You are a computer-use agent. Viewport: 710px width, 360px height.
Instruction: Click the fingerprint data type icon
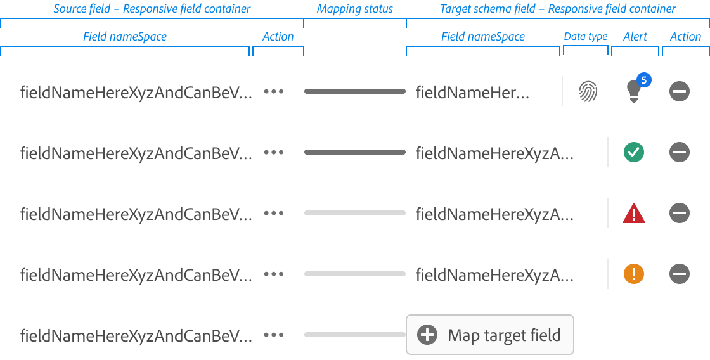588,92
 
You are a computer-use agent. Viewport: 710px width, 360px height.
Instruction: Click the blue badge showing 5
643,80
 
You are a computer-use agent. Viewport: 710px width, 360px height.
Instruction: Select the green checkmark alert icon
633,152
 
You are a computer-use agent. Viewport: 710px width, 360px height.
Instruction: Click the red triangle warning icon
633,214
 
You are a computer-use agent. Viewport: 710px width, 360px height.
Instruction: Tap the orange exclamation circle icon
633,274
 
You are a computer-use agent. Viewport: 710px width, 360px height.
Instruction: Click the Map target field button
489,335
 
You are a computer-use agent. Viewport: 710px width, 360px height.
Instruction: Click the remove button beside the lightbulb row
679,92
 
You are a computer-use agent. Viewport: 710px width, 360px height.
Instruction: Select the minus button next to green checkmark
679,152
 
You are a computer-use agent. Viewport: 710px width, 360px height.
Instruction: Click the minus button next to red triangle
679,213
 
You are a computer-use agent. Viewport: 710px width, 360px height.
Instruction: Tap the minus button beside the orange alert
679,274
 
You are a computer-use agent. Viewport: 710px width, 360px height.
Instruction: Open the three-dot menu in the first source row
273,91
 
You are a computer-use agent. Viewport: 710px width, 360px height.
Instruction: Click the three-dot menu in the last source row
273,335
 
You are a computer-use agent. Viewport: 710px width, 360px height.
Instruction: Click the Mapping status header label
354,9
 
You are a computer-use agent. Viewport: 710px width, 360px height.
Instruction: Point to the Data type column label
585,37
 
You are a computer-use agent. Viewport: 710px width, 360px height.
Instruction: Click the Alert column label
635,37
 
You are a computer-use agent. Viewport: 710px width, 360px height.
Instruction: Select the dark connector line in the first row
354,91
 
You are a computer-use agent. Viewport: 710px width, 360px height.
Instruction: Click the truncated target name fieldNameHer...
472,93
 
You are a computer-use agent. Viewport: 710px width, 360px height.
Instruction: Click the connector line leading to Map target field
354,335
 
